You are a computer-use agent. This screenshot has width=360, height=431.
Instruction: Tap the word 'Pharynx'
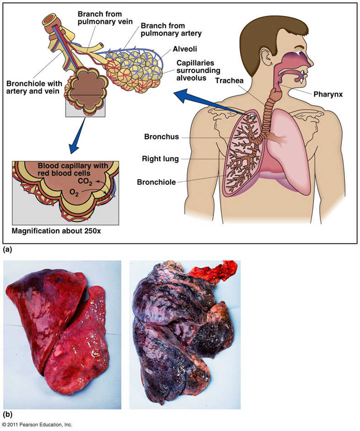(x=328, y=95)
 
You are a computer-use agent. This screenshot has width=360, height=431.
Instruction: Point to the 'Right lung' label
(x=160, y=159)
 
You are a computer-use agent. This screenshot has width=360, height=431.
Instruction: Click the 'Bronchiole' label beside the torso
(x=156, y=182)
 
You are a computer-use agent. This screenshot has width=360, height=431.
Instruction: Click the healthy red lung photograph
(x=62, y=336)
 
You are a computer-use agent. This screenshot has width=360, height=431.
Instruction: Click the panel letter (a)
(x=7, y=250)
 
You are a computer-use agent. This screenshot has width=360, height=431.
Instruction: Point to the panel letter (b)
(x=7, y=415)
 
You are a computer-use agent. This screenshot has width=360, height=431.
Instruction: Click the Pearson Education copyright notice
(x=37, y=425)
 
